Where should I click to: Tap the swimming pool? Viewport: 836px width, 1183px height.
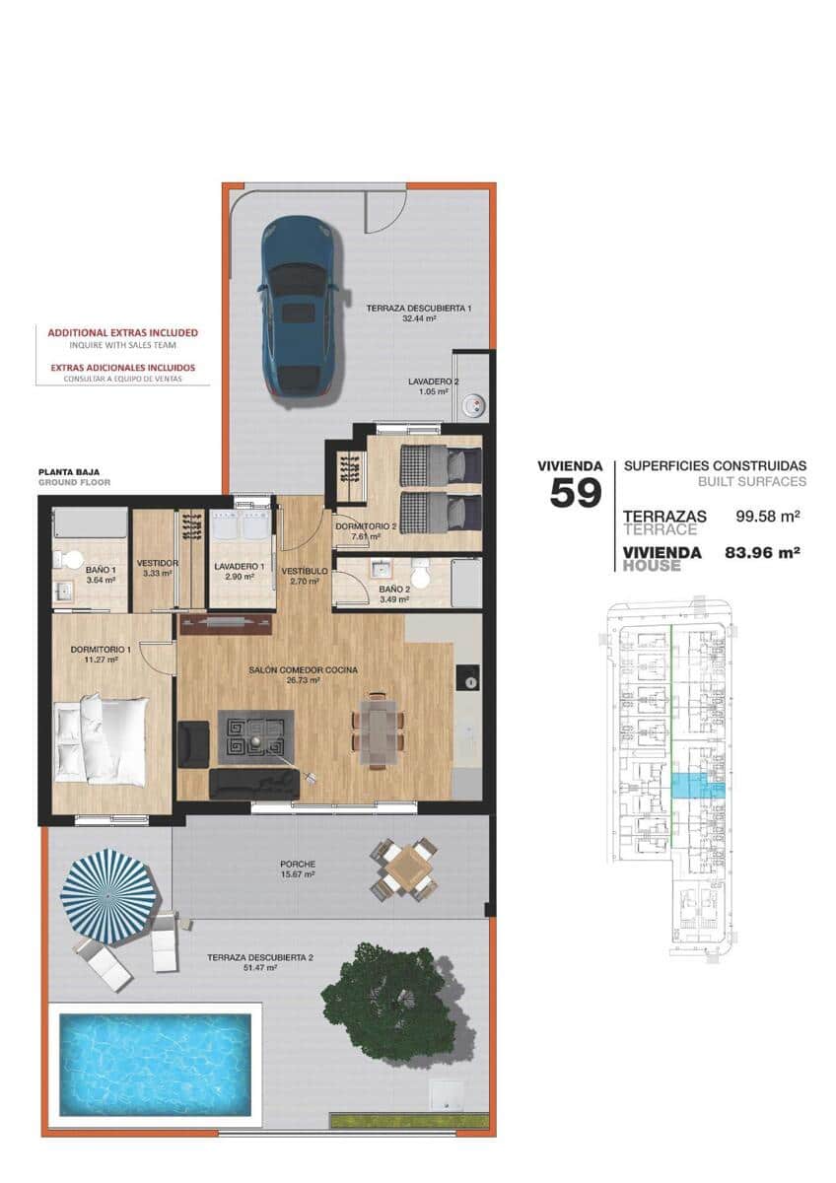[x=155, y=1063]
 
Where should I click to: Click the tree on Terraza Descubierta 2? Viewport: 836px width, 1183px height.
[x=391, y=1004]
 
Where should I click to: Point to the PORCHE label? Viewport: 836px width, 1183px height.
[x=296, y=864]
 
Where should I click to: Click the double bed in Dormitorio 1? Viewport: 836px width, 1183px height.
[x=101, y=739]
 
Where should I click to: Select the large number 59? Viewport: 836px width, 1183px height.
[x=575, y=492]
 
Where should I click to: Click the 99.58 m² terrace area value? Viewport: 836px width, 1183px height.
[x=767, y=516]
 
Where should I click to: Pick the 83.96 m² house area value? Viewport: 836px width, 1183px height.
[x=761, y=553]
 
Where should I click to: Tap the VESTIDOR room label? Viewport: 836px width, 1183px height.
[x=157, y=563]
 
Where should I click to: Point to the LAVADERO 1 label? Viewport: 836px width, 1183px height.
[x=240, y=566]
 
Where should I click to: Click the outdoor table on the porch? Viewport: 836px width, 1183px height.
[x=404, y=869]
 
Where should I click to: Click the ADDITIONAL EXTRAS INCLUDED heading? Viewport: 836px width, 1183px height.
[x=123, y=332]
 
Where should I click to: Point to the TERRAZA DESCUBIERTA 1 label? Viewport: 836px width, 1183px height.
[x=419, y=309]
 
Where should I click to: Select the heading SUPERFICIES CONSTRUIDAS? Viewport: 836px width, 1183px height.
[x=715, y=465]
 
